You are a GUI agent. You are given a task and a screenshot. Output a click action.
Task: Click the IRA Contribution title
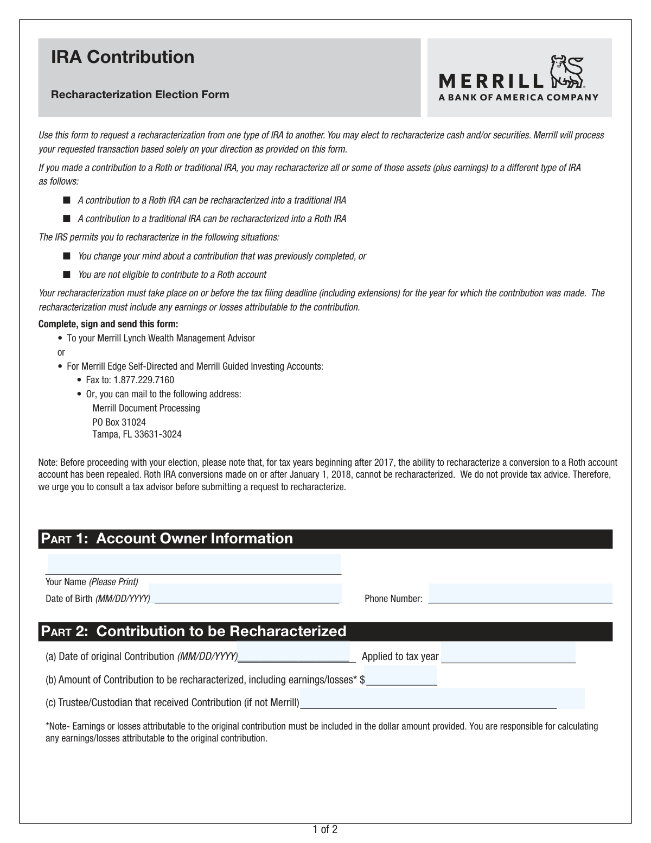123,57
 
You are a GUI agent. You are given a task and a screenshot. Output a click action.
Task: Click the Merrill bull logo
565,72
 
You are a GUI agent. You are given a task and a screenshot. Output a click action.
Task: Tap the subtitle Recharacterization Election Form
140,94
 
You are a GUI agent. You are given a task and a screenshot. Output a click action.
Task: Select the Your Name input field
194,565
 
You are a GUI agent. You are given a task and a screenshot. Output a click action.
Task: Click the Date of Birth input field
245,593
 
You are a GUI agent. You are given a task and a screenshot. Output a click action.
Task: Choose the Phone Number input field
520,593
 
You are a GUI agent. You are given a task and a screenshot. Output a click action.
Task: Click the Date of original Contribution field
294,651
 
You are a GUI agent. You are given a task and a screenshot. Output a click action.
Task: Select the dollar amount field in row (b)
401,676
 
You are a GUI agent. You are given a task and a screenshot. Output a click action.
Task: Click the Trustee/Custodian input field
442,699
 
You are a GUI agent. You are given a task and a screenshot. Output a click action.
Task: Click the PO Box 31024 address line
119,422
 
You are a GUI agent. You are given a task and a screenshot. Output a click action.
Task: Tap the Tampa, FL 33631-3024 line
137,434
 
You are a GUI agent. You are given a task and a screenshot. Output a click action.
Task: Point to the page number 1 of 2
325,829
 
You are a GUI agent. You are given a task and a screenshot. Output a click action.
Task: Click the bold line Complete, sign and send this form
108,324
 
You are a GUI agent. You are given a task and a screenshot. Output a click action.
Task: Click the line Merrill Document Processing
146,408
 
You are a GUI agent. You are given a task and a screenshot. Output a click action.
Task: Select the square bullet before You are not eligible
67,274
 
